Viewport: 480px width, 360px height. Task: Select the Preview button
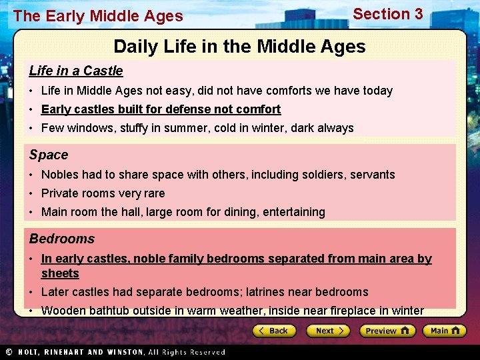pos(387,331)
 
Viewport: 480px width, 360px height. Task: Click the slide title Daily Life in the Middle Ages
pos(239,47)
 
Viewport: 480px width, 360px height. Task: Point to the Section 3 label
pos(387,14)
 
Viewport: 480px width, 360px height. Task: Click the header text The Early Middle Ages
pos(98,16)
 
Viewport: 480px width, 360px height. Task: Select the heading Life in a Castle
pos(76,71)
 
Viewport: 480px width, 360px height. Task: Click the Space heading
pos(49,155)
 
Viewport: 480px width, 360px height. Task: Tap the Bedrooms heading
pos(62,239)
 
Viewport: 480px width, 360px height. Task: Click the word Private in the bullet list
pos(60,193)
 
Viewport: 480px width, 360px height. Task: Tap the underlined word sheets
pos(60,273)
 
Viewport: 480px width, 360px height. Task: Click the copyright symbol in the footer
pos(9,352)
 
